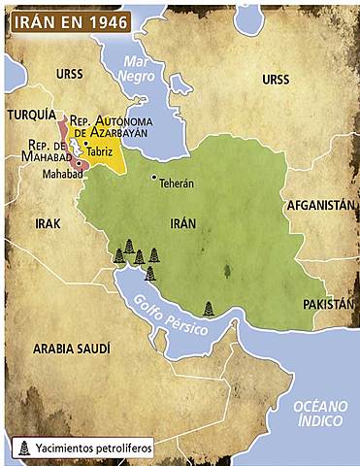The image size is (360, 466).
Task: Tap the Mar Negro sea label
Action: tap(136, 68)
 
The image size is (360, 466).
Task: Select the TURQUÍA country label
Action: tap(31, 114)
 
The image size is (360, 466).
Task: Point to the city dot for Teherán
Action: tap(153, 177)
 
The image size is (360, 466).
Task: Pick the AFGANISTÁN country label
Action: tap(319, 206)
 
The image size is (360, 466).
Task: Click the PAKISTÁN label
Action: tap(328, 304)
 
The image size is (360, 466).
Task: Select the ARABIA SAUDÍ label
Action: tap(71, 348)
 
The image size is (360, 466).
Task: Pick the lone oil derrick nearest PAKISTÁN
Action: tap(209, 309)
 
